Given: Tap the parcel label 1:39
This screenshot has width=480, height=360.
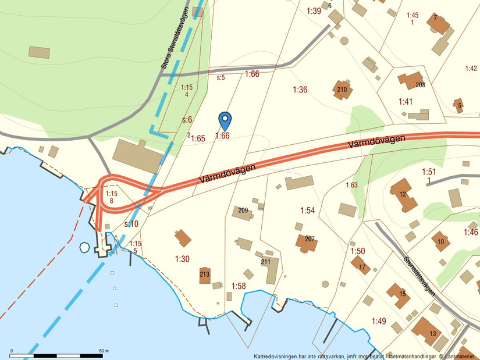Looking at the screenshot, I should (314, 10).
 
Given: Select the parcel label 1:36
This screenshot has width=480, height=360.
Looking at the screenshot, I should (300, 90).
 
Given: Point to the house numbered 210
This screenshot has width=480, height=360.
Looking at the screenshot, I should (342, 90).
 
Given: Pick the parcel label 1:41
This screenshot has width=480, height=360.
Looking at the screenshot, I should (406, 102).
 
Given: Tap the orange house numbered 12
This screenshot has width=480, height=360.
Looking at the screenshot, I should (403, 194).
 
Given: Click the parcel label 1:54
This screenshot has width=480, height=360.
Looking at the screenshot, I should (308, 210).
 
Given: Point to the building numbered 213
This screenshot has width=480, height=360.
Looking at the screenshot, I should (204, 275).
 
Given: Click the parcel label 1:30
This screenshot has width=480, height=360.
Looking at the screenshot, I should (182, 259).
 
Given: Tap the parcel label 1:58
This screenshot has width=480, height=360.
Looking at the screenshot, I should (239, 286).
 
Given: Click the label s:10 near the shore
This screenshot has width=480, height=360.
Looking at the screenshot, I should (131, 224).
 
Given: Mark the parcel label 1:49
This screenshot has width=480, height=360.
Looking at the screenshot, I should (379, 321).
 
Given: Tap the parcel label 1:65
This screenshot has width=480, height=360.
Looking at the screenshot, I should (198, 138).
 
